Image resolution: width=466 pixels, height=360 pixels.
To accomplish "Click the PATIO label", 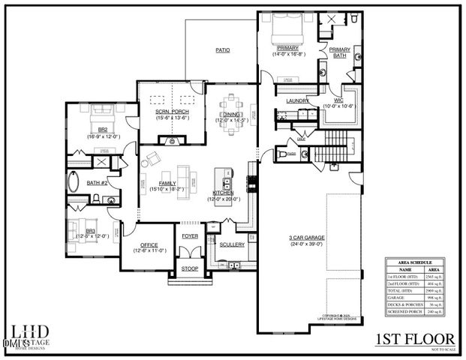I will (x=223, y=50).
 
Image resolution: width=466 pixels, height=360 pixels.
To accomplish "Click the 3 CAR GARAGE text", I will (x=307, y=238).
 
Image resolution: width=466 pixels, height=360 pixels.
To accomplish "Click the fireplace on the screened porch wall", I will (x=172, y=140).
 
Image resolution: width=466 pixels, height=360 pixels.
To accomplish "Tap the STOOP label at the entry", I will (x=188, y=268).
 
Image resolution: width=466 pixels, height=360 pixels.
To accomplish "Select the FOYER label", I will (x=188, y=235).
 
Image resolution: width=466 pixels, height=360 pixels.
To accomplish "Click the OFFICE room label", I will (x=144, y=244).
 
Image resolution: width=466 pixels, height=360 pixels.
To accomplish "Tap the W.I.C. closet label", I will (x=338, y=100).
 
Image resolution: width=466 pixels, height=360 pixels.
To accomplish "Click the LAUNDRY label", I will (x=298, y=100).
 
